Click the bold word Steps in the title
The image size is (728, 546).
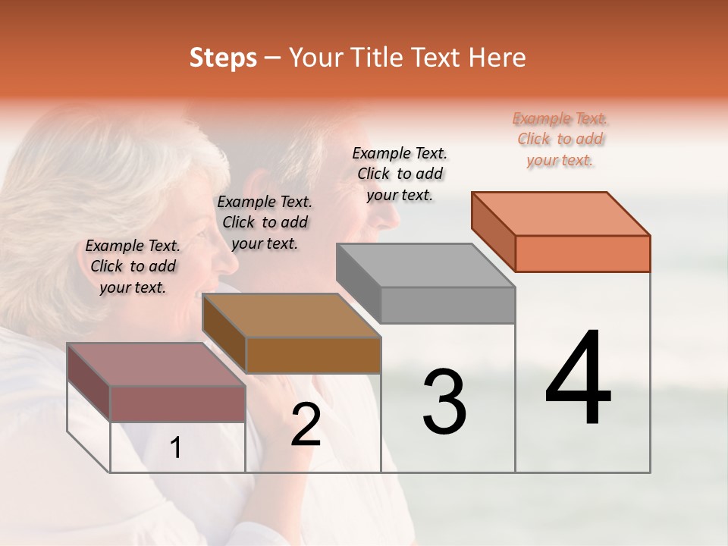pos(223,58)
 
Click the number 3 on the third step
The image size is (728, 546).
pos(444,401)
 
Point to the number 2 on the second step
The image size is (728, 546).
pos(306,425)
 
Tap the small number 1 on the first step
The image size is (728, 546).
pos(176,448)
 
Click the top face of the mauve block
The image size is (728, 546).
pos(156,365)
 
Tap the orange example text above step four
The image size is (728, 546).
pos(560,140)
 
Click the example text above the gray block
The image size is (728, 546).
pos(400,174)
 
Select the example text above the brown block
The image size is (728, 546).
pos(265,222)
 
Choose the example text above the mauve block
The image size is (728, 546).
pos(133,266)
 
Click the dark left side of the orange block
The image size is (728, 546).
pos(493,231)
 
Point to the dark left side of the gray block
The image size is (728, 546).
pos(358,282)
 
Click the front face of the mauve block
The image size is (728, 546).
pos(178,403)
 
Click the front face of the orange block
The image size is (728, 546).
pos(582,253)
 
